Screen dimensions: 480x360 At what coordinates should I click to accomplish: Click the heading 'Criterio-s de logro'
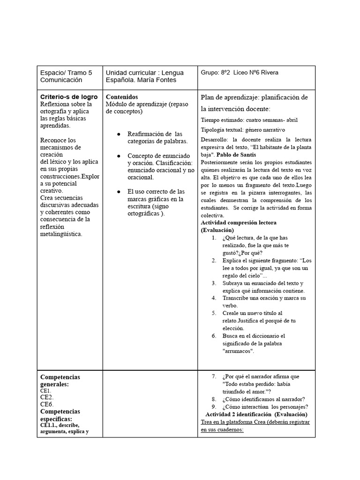click(x=69, y=97)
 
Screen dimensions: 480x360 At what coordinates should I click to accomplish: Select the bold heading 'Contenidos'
click(x=122, y=97)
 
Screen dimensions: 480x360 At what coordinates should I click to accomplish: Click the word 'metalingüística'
click(x=61, y=234)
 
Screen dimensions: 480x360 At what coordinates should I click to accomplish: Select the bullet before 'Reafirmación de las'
click(x=119, y=135)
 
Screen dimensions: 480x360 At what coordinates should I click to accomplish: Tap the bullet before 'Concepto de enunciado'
click(x=119, y=156)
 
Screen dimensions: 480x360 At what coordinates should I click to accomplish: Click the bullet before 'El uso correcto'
click(x=119, y=192)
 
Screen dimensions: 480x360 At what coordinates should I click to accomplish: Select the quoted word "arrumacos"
click(x=238, y=352)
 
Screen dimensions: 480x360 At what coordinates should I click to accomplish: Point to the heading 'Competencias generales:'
click(x=60, y=380)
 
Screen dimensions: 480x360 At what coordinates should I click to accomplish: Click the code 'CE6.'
click(x=47, y=404)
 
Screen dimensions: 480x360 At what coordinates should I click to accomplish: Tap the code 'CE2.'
click(x=47, y=397)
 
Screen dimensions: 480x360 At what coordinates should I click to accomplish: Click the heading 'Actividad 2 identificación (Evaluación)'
click(x=256, y=414)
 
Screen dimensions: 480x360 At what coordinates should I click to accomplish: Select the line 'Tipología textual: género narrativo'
click(x=243, y=130)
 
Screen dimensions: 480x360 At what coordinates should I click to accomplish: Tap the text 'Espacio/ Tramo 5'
click(x=66, y=73)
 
